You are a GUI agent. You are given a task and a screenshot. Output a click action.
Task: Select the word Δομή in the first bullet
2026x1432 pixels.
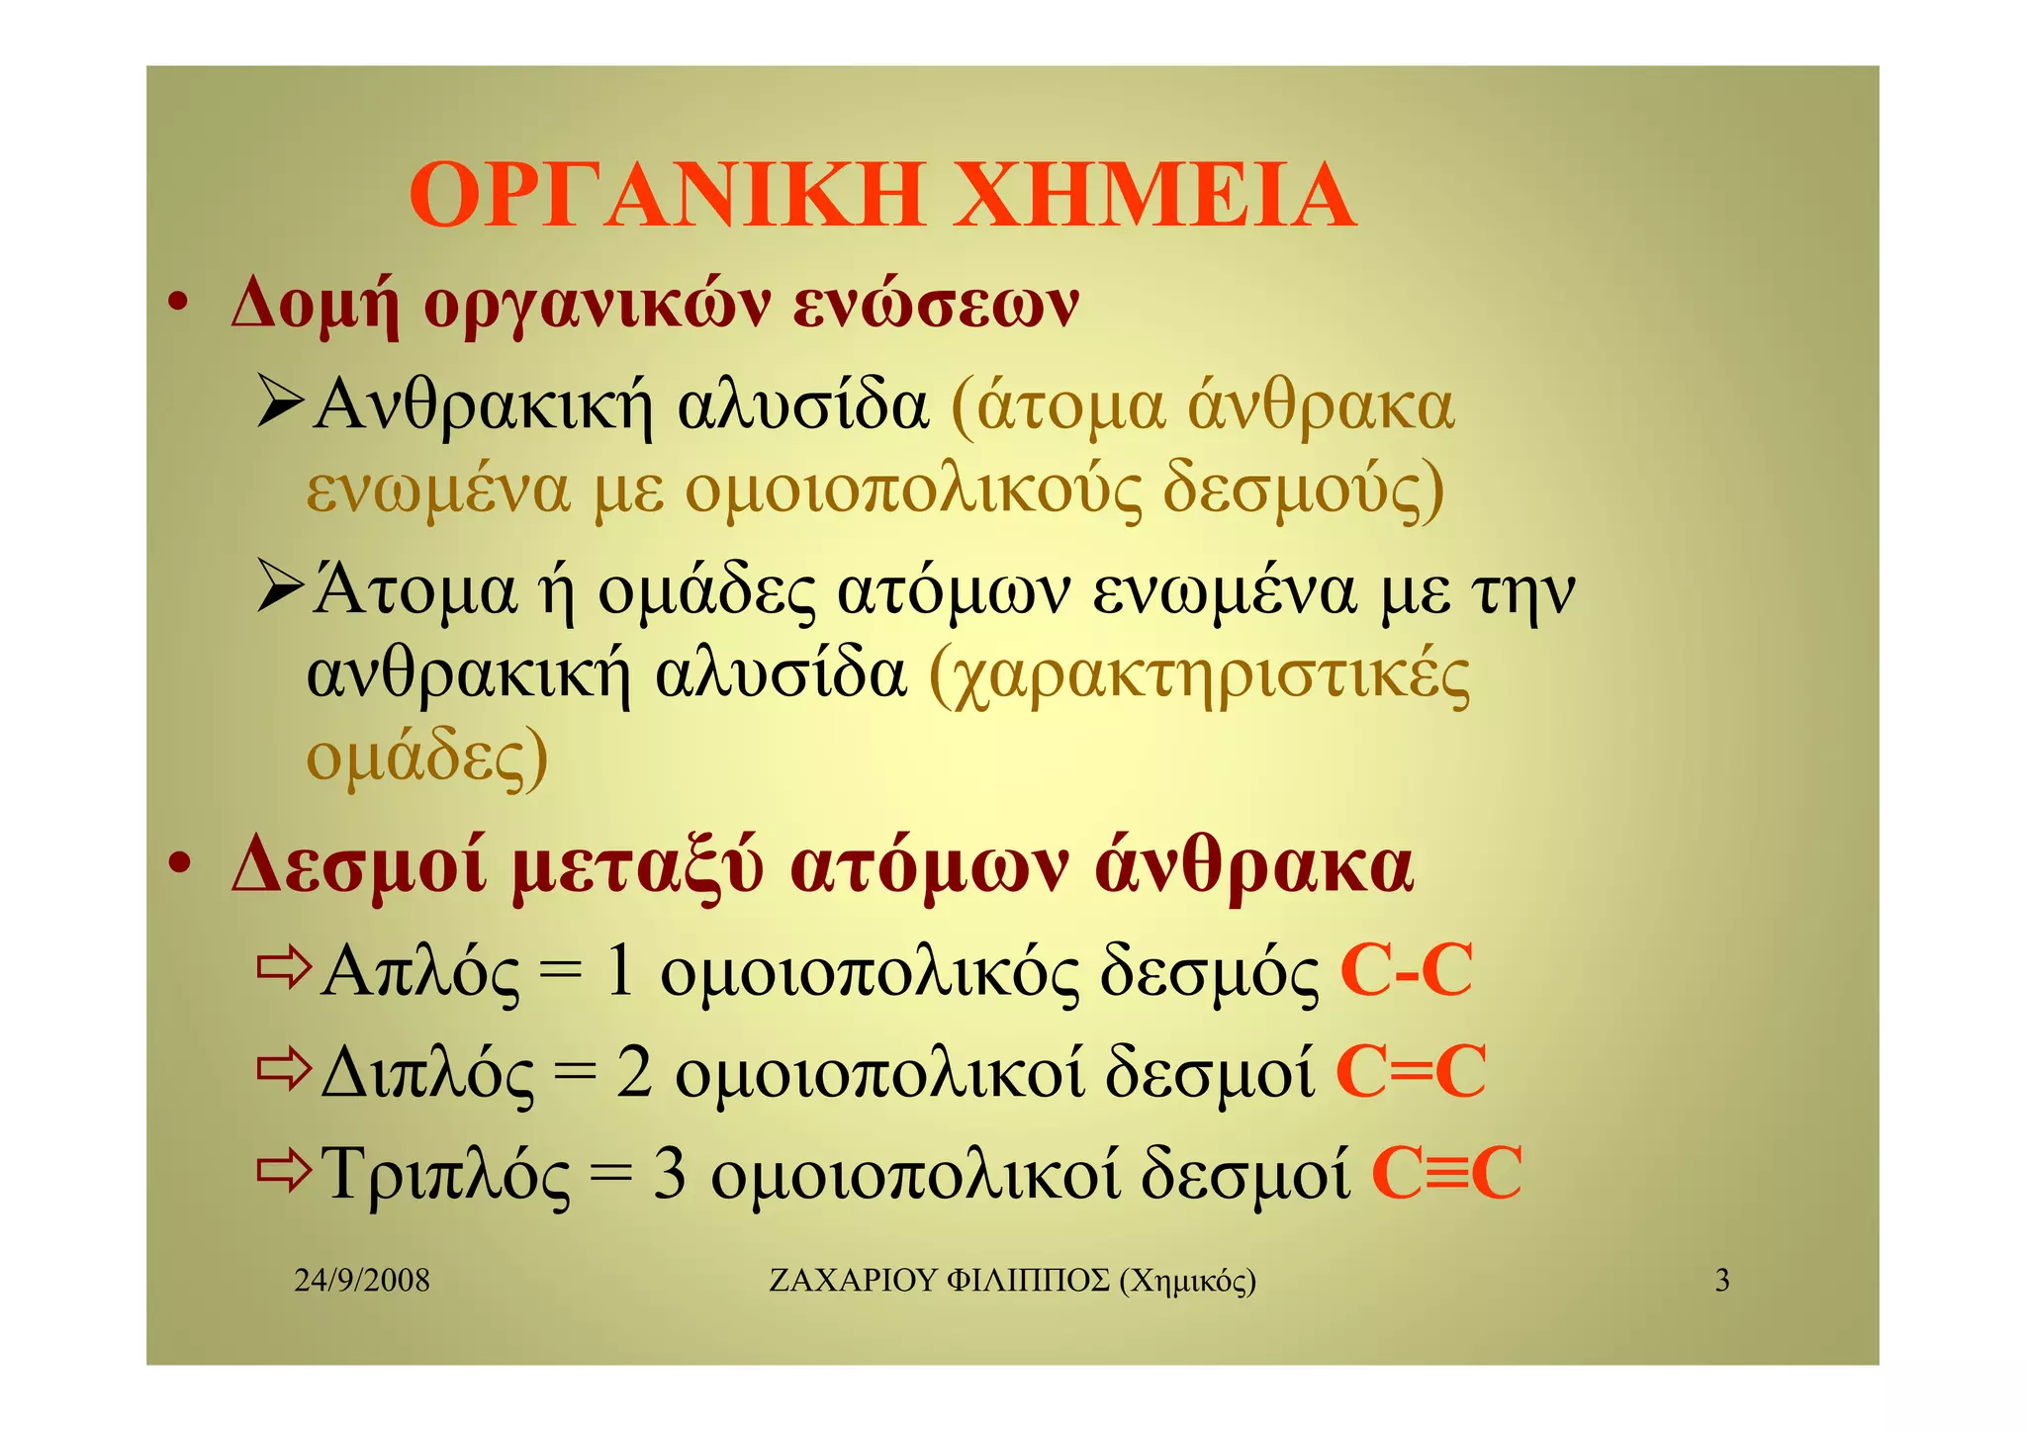tap(316, 305)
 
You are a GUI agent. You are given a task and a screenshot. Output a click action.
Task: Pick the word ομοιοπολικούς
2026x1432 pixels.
tap(912, 490)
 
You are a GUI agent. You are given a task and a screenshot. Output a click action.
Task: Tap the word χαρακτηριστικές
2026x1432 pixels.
tap(1200, 676)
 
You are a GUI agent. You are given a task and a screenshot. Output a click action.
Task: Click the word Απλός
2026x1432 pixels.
tap(419, 971)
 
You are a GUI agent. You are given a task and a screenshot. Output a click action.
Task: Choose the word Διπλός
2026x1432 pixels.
tap(427, 1074)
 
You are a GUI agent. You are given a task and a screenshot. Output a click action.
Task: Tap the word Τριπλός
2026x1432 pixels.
tap(446, 1175)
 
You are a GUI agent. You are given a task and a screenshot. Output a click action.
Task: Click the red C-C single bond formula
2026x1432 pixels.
tap(1406, 970)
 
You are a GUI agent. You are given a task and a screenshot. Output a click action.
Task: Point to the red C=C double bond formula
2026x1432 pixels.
tap(1411, 1072)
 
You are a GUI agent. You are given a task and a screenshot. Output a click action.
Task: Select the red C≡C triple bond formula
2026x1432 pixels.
tap(1446, 1174)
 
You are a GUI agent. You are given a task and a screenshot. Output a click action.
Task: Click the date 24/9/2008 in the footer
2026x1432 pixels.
tap(362, 1281)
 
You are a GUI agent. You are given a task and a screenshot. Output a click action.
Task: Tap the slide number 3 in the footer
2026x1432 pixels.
tap(1722, 1281)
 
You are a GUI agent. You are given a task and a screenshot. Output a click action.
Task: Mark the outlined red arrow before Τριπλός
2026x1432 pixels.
tap(284, 1171)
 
